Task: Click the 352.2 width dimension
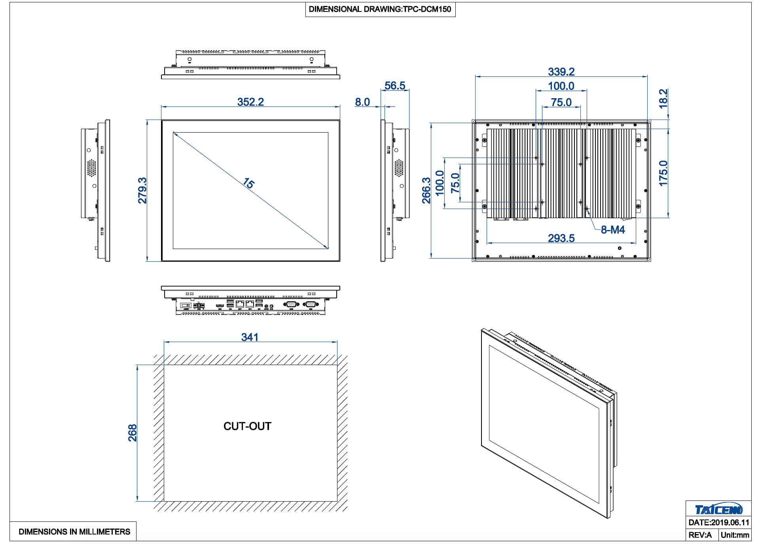coord(250,102)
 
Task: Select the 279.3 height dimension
coord(142,190)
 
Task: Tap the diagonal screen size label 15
coord(248,183)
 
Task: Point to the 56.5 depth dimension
coord(395,86)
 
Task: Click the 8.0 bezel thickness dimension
coord(362,102)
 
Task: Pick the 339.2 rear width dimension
coord(561,72)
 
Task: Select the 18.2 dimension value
coord(663,98)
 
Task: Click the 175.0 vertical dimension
coord(663,173)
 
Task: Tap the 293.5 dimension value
coord(561,238)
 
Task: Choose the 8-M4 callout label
coord(612,230)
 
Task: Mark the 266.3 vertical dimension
coord(426,190)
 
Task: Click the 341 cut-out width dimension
coord(250,337)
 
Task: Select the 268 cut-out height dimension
coord(132,433)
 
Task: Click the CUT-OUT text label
coord(247,426)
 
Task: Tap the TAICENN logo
coord(718,509)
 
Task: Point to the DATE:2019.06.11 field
coord(718,523)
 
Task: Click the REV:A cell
coord(700,535)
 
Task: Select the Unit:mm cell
coord(735,535)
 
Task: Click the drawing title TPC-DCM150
coord(380,9)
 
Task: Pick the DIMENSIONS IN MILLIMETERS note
coord(74,532)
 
